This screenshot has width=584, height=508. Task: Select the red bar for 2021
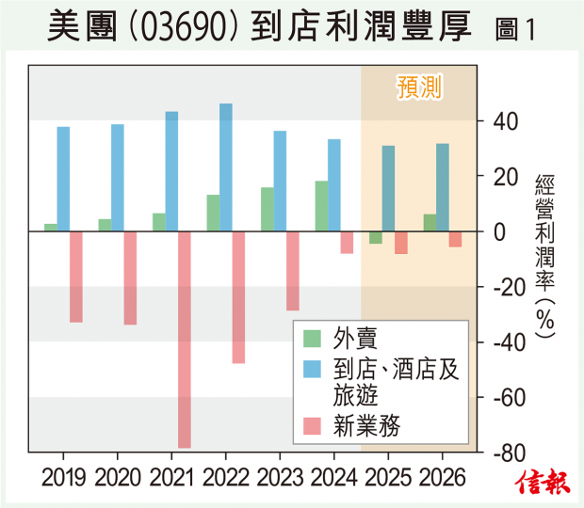coord(185,339)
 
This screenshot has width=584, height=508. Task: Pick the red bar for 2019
coord(76,277)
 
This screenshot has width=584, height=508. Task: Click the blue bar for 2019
coord(63,179)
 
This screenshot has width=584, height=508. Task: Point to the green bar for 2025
coord(376,237)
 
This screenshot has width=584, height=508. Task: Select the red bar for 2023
coord(293,270)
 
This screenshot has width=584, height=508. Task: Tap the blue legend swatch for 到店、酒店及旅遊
coord(310,367)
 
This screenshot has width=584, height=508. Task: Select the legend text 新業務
coord(367,426)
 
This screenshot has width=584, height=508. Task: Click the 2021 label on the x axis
coord(171,477)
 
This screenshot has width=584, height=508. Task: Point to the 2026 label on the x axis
coord(442,477)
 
